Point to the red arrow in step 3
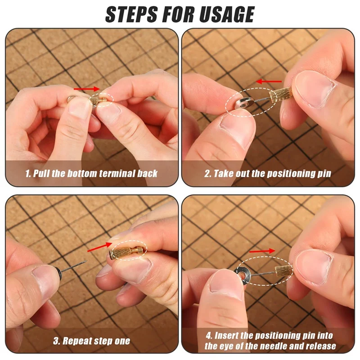coord(98,247)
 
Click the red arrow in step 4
coord(262,251)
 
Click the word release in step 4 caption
coord(320,346)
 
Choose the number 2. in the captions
coord(207,173)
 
